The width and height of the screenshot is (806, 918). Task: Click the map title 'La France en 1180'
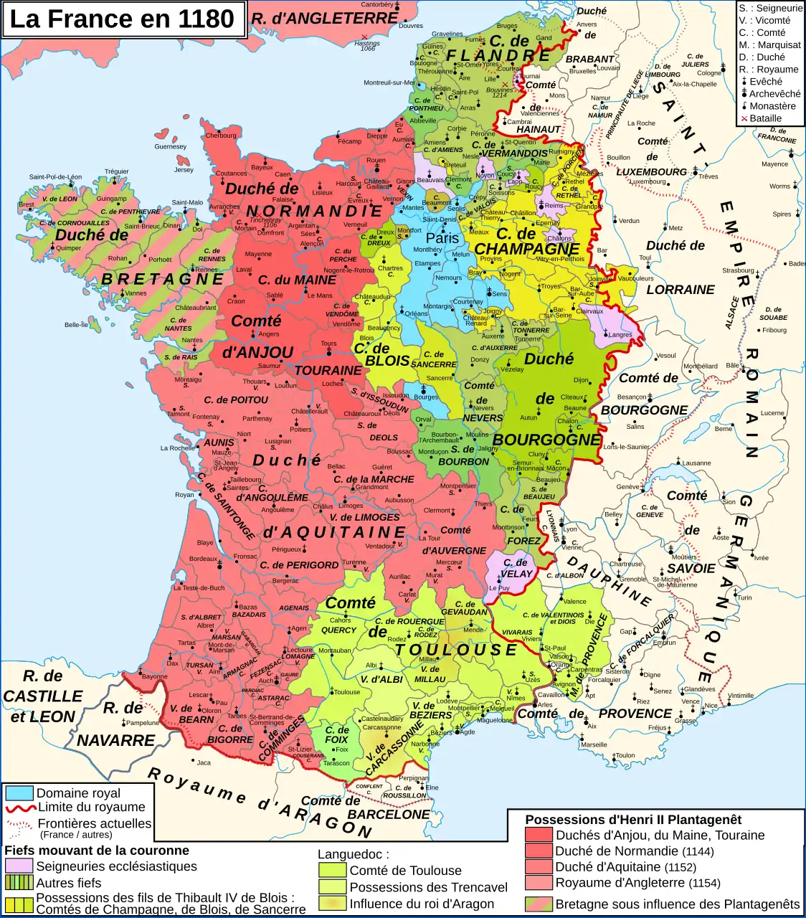122,19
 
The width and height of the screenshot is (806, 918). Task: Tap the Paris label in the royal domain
442,238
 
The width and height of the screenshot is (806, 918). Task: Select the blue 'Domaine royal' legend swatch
19,793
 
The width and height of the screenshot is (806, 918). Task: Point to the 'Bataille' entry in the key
765,118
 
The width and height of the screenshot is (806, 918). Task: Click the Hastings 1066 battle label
367,45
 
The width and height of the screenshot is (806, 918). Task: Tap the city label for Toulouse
346,692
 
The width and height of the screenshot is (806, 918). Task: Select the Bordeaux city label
203,559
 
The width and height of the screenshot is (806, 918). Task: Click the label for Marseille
594,744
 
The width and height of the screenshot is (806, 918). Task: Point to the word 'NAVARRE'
115,740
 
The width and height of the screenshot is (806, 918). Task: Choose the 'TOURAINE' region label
328,371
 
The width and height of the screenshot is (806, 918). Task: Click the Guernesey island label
170,146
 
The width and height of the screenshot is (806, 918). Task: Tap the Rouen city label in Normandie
376,161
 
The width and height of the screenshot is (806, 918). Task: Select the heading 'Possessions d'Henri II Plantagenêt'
633,820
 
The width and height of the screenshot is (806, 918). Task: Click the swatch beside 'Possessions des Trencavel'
332,887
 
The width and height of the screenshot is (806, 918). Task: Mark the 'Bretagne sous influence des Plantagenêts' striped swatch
539,904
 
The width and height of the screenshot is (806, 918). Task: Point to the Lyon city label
570,529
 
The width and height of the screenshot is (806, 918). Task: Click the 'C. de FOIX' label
336,734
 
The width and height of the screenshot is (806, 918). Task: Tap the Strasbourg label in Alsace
738,270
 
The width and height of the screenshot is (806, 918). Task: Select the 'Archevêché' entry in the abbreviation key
774,94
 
